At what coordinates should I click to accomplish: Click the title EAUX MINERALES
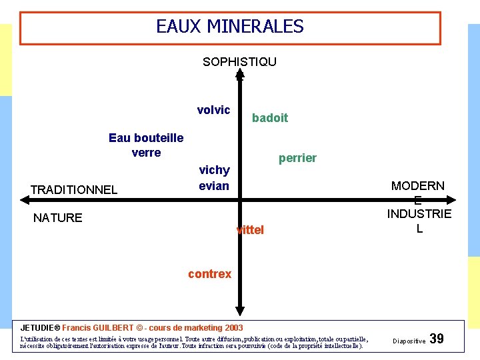point(229,27)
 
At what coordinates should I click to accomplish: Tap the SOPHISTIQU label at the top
point(239,62)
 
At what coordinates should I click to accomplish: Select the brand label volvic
point(213,110)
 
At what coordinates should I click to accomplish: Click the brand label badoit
point(270,118)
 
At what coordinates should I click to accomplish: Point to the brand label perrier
point(297,158)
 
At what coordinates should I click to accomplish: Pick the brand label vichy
point(214,171)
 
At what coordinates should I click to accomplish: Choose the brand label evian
point(214,186)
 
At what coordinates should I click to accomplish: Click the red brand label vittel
point(251,230)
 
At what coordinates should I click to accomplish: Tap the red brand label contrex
point(209,274)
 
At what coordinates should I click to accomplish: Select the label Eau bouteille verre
point(146,145)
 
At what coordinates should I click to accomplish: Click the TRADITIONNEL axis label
point(73,190)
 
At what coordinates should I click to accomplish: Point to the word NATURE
point(58,218)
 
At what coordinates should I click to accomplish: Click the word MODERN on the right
point(418,186)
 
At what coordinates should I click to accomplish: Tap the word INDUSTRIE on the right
point(419,214)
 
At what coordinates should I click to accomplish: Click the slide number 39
point(437,339)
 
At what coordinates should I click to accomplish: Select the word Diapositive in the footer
point(409,341)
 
